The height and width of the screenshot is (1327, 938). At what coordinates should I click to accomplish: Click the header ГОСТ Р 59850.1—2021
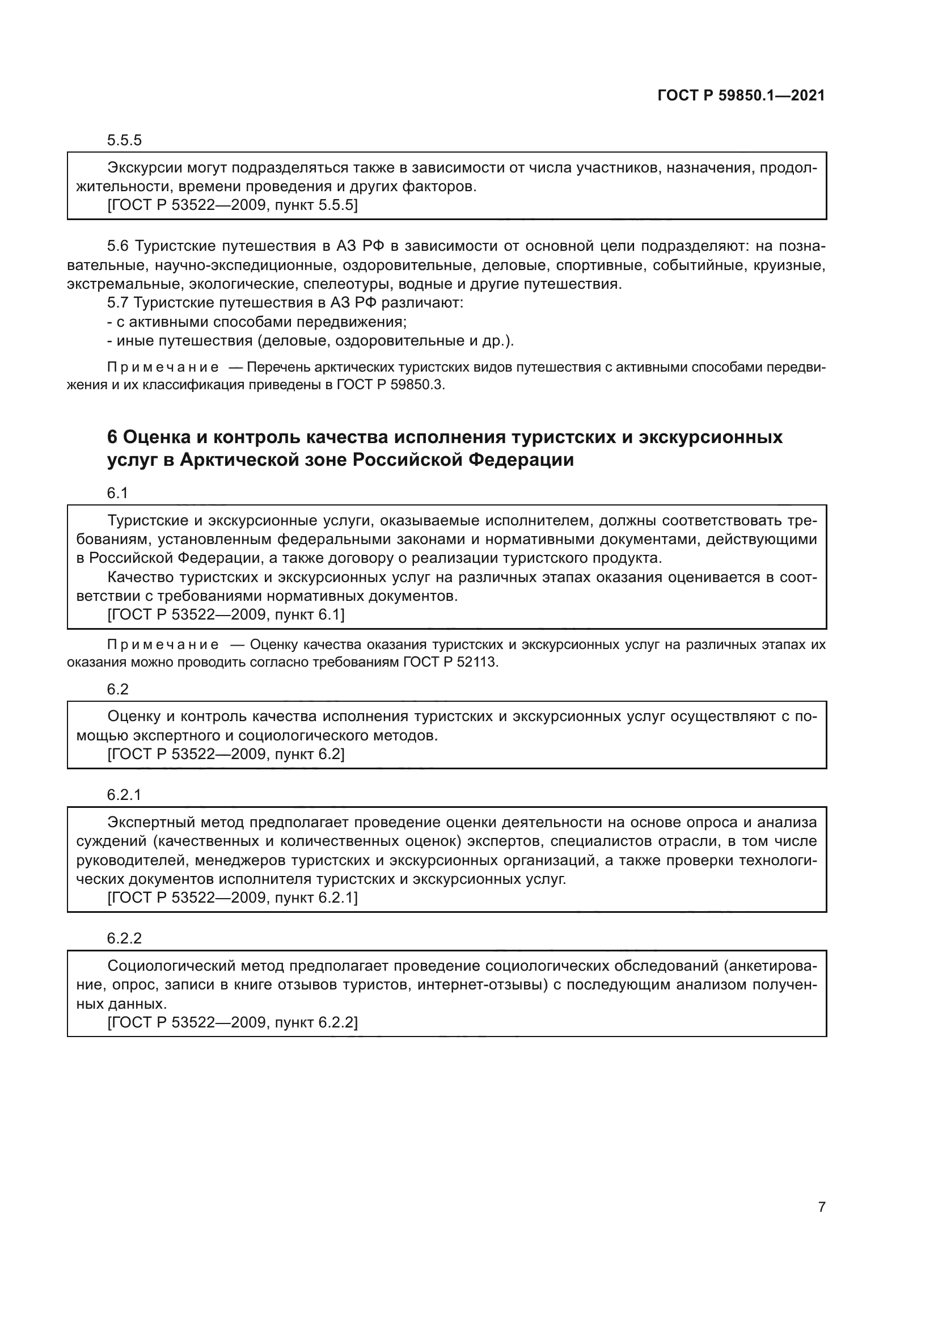coord(741,95)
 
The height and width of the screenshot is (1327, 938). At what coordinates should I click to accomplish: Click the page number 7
coord(821,1207)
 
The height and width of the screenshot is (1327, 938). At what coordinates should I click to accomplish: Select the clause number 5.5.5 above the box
coord(124,141)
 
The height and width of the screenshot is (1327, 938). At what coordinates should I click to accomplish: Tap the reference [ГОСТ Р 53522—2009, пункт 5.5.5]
coord(232,205)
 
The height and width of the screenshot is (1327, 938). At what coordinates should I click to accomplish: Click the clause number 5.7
coord(118,303)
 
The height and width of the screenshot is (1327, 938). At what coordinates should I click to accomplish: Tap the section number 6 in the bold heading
coord(112,437)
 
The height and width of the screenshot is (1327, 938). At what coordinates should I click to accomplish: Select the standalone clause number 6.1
coord(117,493)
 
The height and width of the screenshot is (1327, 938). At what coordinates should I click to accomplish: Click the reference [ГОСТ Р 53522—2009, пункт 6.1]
coord(226,615)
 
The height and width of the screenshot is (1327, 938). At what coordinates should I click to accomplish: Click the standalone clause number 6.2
coord(117,689)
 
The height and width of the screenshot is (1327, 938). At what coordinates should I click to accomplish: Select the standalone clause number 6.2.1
coord(124,795)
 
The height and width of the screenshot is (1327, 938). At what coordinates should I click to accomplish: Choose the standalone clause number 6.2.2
coord(124,938)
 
